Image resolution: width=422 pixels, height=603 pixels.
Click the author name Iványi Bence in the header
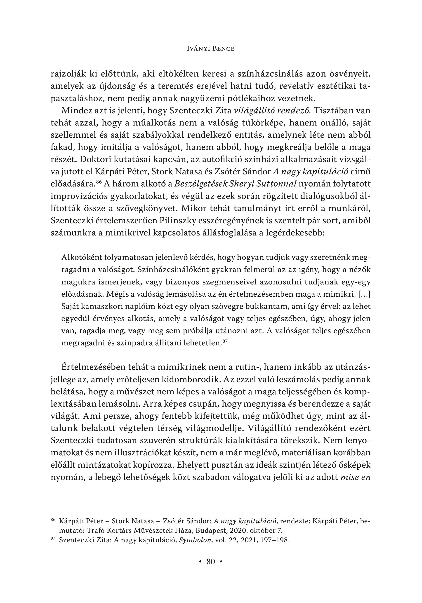coord(210,49)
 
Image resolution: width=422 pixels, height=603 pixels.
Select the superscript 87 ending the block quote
coord(225,341)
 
